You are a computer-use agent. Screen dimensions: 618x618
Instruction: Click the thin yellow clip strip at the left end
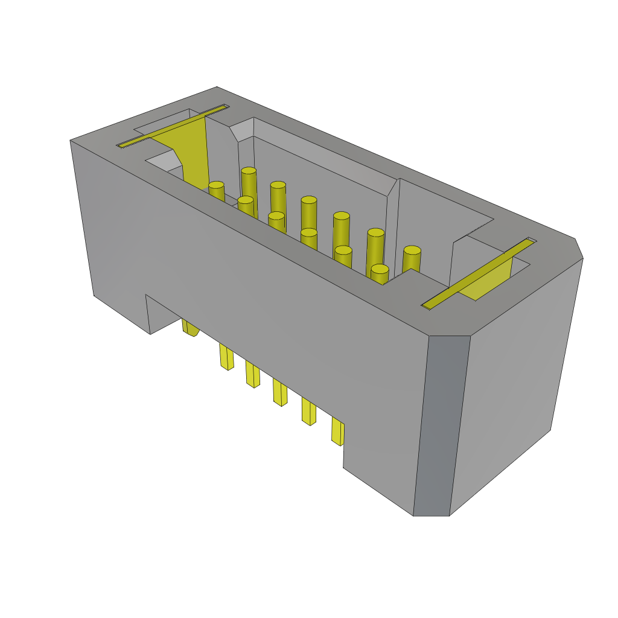pyautogui.click(x=172, y=126)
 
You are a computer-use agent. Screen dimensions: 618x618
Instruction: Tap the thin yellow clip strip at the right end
pyautogui.click(x=478, y=273)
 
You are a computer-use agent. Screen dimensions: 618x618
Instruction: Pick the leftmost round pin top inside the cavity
pyautogui.click(x=216, y=185)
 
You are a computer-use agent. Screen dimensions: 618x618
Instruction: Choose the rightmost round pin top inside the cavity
pyautogui.click(x=412, y=250)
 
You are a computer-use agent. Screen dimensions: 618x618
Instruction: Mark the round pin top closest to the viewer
pyautogui.click(x=380, y=269)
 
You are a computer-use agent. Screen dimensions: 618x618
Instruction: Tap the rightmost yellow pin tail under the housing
pyautogui.click(x=337, y=431)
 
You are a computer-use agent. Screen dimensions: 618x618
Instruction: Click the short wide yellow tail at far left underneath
pyautogui.click(x=190, y=327)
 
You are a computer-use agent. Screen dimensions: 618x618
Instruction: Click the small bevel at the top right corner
pyautogui.click(x=578, y=247)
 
